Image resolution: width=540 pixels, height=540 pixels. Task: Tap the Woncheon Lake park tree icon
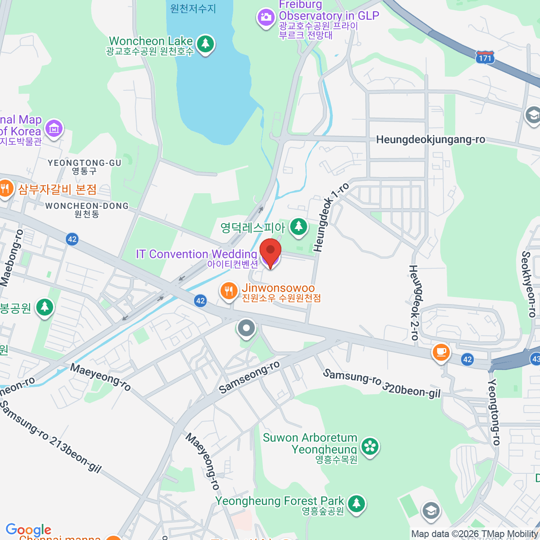point(206,43)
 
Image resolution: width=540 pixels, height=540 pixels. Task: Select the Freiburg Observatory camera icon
point(265,18)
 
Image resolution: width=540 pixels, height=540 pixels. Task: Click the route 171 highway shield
point(485,57)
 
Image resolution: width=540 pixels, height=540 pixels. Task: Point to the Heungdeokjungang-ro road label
point(430,139)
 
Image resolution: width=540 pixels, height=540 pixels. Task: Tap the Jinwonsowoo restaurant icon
point(229,291)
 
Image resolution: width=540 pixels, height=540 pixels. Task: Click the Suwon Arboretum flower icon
point(370,446)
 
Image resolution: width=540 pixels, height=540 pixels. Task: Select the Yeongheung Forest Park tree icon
point(356,503)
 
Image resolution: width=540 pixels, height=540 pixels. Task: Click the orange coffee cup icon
point(441,352)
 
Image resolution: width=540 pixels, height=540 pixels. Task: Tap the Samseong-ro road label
point(249,377)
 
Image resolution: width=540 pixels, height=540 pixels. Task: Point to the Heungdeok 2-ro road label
point(414,302)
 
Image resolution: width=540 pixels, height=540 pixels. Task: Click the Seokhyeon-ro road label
point(528,284)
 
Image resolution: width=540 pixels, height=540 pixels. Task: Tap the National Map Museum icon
point(54,129)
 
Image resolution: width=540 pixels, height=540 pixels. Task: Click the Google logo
point(28,530)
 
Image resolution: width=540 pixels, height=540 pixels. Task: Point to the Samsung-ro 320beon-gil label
point(382,383)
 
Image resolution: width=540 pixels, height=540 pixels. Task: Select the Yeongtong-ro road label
point(494,412)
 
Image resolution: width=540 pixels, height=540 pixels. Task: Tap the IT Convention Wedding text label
point(196,254)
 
